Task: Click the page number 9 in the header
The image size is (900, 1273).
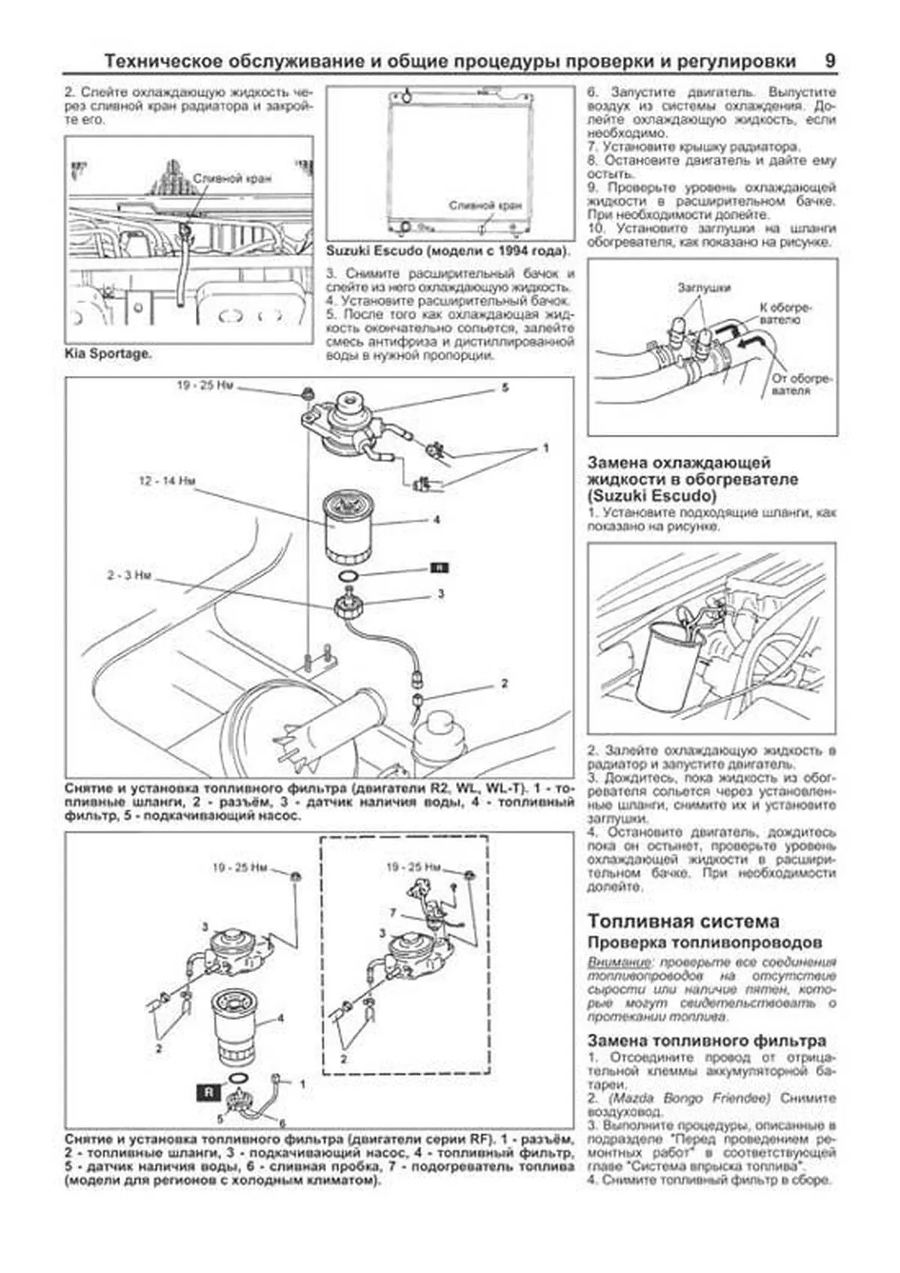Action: [x=829, y=62]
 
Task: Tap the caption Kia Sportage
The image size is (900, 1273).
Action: [x=107, y=353]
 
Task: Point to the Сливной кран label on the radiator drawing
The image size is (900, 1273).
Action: [x=485, y=205]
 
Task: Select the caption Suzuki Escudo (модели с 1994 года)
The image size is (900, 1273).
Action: [x=448, y=251]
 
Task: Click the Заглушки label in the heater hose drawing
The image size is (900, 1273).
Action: [x=703, y=287]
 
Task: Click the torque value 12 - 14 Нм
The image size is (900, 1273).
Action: [x=166, y=481]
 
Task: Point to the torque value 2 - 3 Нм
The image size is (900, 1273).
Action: [x=128, y=575]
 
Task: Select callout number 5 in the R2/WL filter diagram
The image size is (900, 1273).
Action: [x=505, y=388]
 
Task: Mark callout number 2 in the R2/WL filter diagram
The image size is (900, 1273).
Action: [x=504, y=683]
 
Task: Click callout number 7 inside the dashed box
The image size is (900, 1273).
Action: [x=392, y=913]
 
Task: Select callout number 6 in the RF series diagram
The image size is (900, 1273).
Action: [x=282, y=1123]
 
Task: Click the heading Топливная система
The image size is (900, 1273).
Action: [x=683, y=921]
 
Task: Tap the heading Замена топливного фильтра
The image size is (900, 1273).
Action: [x=706, y=1040]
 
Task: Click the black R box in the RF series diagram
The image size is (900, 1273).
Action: [x=208, y=1092]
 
